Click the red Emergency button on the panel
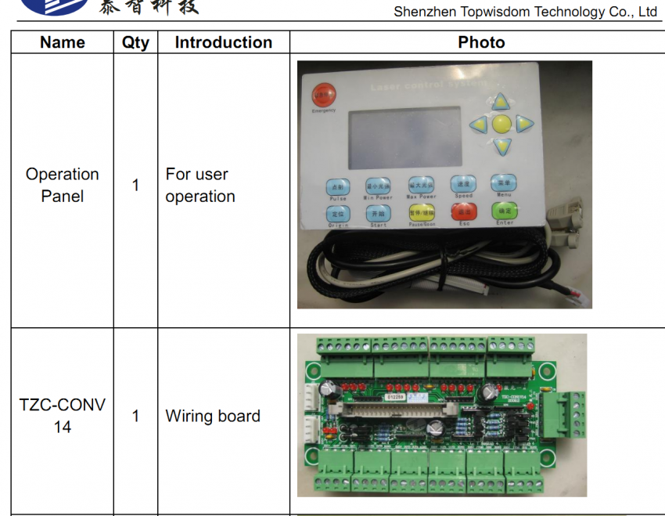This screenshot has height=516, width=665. click(322, 96)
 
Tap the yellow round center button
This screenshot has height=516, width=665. click(501, 124)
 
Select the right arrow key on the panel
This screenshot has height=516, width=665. click(523, 123)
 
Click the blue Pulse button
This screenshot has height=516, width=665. click(338, 187)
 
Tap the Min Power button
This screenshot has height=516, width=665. click(378, 186)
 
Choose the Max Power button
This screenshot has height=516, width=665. click(421, 185)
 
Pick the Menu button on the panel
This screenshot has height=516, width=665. click(504, 183)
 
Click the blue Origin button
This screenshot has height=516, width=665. click(338, 214)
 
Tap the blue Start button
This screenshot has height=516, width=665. click(379, 213)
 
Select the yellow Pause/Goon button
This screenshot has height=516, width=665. click(421, 212)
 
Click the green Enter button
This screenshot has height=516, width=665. click(505, 211)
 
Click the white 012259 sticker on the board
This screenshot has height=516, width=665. click(397, 397)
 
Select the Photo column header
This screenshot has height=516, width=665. click(481, 42)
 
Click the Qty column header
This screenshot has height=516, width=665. click(135, 42)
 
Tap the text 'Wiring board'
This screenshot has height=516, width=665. click(213, 416)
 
